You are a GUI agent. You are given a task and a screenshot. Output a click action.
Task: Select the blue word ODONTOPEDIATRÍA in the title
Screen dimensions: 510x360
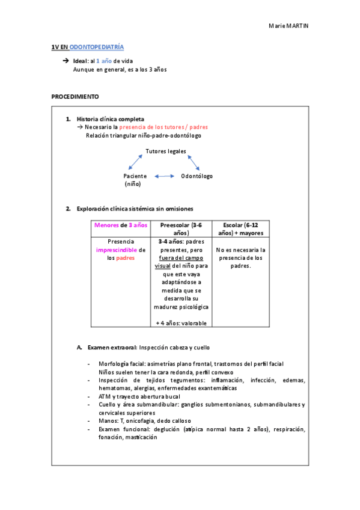pyautogui.click(x=97, y=46)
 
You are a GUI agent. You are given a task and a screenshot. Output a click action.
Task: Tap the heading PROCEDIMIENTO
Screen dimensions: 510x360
pyautogui.click(x=75, y=96)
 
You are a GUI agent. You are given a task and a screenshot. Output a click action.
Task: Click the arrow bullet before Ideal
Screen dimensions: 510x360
pyautogui.click(x=66, y=61)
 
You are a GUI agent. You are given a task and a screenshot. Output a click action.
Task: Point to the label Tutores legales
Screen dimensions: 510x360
pyautogui.click(x=166, y=151)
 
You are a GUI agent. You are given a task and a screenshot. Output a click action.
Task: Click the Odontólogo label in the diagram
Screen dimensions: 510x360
pyautogui.click(x=197, y=176)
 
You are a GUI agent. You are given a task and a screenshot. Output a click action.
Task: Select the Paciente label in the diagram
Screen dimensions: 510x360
pyautogui.click(x=135, y=176)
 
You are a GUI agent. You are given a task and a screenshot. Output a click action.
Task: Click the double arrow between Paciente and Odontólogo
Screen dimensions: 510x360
pyautogui.click(x=163, y=176)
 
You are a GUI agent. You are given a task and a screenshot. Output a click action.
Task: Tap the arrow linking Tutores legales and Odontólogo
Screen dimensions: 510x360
pyautogui.click(x=193, y=162)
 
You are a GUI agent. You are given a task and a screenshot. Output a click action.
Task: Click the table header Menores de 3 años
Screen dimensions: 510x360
pyautogui.click(x=120, y=225)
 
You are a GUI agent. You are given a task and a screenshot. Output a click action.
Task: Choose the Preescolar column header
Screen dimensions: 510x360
pyautogui.click(x=181, y=229)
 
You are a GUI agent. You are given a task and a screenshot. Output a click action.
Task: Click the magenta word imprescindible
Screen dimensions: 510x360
pyautogui.click(x=117, y=250)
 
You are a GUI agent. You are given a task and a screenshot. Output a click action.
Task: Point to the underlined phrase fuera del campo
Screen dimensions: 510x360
pyautogui.click(x=180, y=257)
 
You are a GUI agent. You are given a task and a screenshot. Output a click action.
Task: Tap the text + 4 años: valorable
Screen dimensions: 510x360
pyautogui.click(x=181, y=323)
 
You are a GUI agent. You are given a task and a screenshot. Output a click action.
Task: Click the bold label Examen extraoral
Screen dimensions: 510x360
pyautogui.click(x=112, y=348)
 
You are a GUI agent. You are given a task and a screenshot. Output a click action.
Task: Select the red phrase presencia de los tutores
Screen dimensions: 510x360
pyautogui.click(x=150, y=127)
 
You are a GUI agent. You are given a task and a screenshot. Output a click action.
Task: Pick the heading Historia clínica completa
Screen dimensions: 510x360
pyautogui.click(x=111, y=119)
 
